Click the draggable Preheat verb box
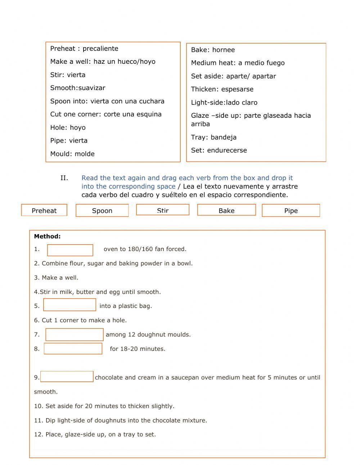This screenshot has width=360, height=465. point(44,210)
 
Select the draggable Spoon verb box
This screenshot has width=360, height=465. point(102,211)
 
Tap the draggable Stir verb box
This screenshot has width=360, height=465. point(163,210)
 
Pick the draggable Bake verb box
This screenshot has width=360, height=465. point(226,210)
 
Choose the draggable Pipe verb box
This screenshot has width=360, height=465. point(291,211)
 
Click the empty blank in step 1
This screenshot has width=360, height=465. point(70,250)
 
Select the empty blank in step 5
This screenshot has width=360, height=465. point(69,305)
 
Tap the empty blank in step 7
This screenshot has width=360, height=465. point(75,335)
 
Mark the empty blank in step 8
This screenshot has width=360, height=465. point(73,349)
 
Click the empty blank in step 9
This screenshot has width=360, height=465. point(67,376)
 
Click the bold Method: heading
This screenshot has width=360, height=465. point(47,237)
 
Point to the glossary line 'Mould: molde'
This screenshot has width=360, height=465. point(72,154)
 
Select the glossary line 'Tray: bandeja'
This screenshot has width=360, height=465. point(213,137)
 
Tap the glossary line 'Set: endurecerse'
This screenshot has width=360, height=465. point(219,150)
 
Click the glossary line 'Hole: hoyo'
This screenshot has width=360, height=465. point(68,128)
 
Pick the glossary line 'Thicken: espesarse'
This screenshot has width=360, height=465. point(222,89)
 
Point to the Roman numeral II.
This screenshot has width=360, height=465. point(64,178)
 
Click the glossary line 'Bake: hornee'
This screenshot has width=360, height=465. point(213,50)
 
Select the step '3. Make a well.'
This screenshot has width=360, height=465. point(56,278)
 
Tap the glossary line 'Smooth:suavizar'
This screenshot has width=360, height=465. point(78,88)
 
